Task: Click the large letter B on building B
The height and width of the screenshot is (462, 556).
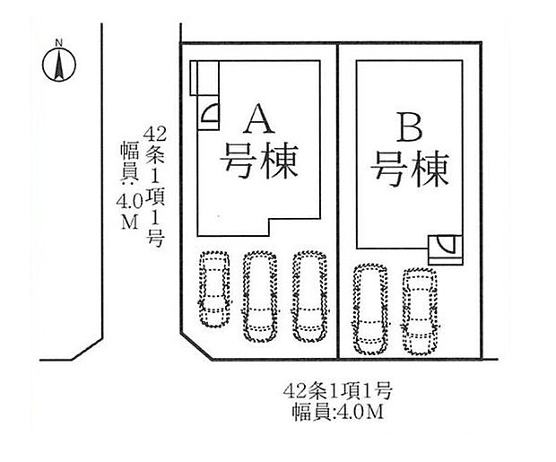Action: click(409, 129)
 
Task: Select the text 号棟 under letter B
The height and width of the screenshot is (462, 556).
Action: click(410, 168)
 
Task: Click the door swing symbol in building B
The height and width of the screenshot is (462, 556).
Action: click(446, 245)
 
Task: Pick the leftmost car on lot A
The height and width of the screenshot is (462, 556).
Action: click(213, 290)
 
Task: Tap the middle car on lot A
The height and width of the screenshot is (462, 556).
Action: click(259, 295)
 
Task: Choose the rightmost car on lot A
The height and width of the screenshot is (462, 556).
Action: click(308, 295)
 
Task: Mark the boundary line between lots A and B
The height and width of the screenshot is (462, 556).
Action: click(337, 197)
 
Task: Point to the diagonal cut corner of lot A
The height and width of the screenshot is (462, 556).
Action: click(195, 345)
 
